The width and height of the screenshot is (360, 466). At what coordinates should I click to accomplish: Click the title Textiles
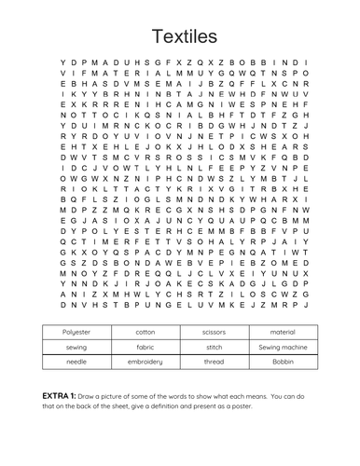[180, 36]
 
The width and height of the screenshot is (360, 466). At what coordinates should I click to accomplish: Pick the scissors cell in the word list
[215, 332]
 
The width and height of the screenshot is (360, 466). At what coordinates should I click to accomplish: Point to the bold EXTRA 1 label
[62, 396]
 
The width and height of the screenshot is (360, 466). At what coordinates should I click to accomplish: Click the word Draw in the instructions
[92, 396]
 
